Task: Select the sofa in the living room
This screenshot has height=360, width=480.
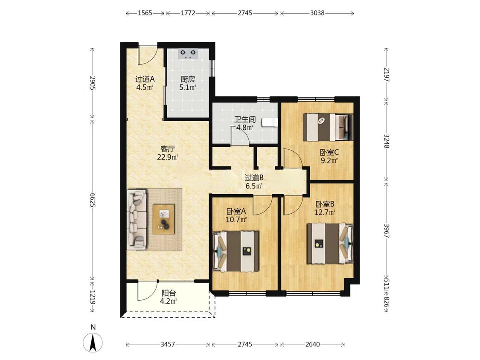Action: pyautogui.click(x=137, y=218)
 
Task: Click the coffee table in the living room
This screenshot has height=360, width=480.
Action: pyautogui.click(x=164, y=219)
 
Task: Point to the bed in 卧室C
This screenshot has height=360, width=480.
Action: pyautogui.click(x=328, y=128)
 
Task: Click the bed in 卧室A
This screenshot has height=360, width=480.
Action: pyautogui.click(x=236, y=251)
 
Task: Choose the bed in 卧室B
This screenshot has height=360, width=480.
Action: pyautogui.click(x=330, y=244)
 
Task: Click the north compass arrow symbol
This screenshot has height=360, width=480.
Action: pyautogui.click(x=93, y=342)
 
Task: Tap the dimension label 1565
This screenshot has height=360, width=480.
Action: pyautogui.click(x=145, y=13)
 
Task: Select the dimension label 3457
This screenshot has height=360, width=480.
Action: pyautogui.click(x=167, y=344)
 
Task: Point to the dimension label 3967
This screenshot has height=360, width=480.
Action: pyautogui.click(x=386, y=231)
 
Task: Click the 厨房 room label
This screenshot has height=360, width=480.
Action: pyautogui.click(x=188, y=79)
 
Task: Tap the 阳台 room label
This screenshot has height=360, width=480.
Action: pyautogui.click(x=169, y=293)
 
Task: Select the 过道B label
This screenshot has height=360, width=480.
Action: pyautogui.click(x=254, y=177)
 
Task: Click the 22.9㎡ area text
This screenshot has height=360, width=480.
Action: pyautogui.click(x=168, y=157)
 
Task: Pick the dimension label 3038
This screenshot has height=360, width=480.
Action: pyautogui.click(x=317, y=13)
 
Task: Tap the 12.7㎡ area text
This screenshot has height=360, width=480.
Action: pyautogui.click(x=325, y=212)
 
